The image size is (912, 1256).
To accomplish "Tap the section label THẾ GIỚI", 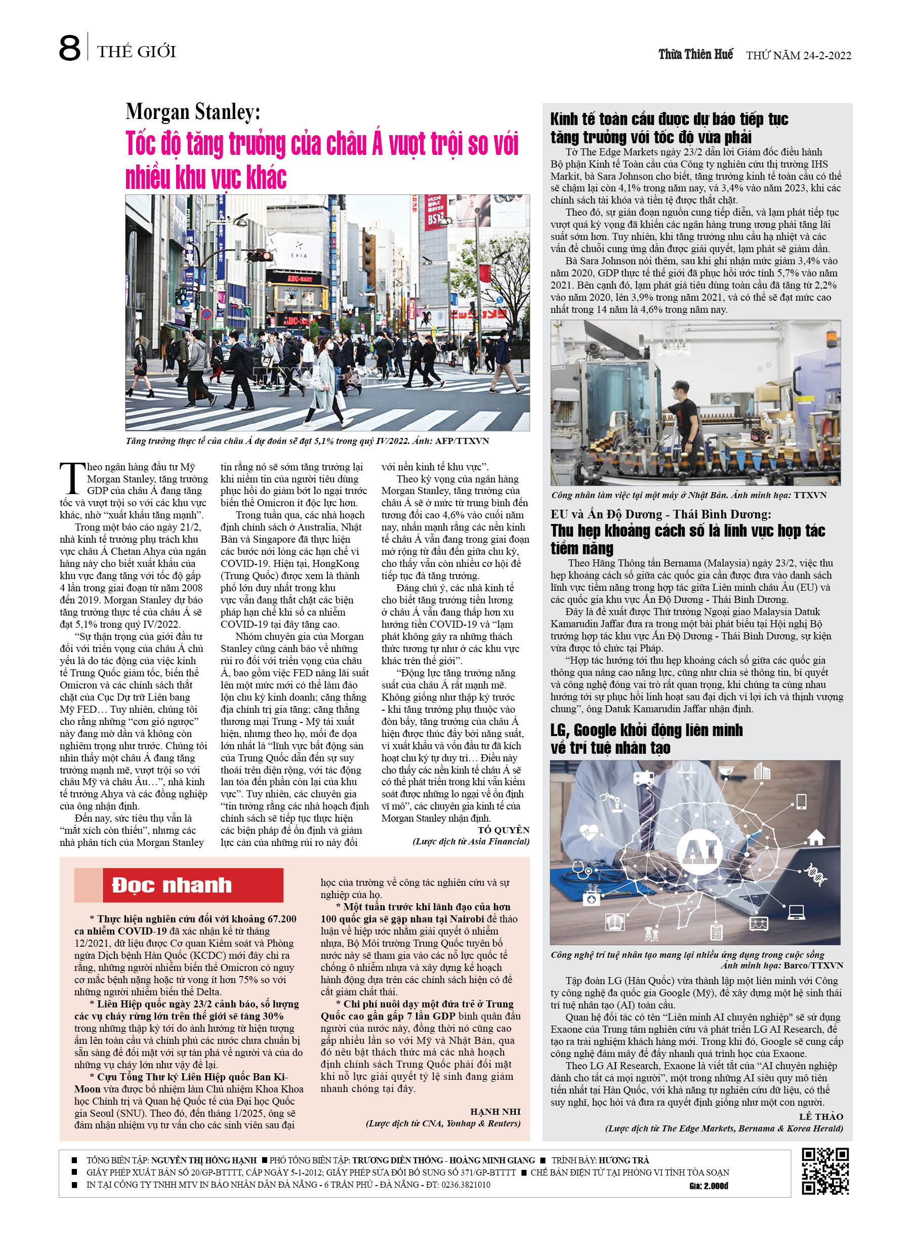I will pyautogui.click(x=136, y=52).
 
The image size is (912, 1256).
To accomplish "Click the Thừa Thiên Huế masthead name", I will pyautogui.click(x=695, y=54).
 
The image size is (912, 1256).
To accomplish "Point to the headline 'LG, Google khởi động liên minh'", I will pyautogui.click(x=646, y=731).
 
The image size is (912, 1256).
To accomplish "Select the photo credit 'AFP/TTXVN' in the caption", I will pyautogui.click(x=462, y=441).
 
